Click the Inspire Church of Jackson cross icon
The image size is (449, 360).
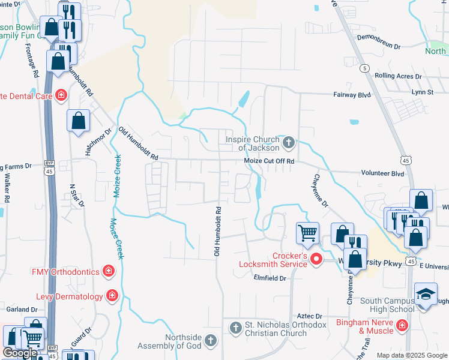click(x=289, y=142)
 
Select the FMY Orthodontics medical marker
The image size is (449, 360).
click(x=109, y=272)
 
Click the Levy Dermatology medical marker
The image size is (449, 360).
click(x=112, y=295)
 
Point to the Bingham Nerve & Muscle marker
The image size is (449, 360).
click(x=402, y=326)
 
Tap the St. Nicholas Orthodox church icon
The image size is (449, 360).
click(x=235, y=327)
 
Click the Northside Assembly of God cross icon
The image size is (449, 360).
click(x=210, y=341)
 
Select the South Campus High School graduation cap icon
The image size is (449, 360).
click(x=426, y=294)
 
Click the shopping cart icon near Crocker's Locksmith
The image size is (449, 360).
click(x=307, y=232)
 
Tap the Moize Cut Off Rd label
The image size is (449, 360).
click(x=269, y=161)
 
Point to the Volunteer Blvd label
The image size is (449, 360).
click(x=382, y=173)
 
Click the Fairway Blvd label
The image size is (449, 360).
click(x=352, y=94)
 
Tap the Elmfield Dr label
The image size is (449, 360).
click(x=270, y=278)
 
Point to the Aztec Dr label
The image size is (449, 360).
click(x=310, y=316)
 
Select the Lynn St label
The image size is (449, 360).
click(x=423, y=92)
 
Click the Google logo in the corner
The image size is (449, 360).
click(x=19, y=353)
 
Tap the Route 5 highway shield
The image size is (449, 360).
click(x=364, y=68)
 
